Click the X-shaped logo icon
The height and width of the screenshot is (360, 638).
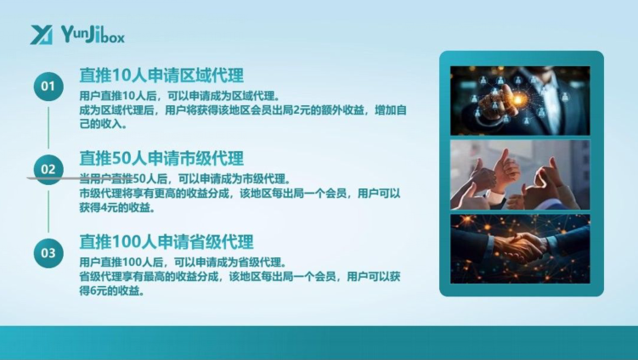(42, 35)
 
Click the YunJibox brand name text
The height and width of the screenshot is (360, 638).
(93, 34)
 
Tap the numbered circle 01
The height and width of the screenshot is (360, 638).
(48, 87)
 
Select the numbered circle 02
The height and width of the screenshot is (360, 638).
(48, 169)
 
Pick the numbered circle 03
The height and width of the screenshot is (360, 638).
(48, 253)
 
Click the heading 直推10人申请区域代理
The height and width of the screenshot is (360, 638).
(161, 76)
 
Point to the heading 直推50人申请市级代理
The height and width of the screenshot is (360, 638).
(161, 158)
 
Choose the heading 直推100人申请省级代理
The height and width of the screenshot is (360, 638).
(167, 242)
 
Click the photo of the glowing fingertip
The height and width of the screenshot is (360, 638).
(520, 100)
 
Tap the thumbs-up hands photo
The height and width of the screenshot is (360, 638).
(520, 175)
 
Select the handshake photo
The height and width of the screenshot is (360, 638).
(520, 249)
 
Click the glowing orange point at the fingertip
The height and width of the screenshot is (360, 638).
(518, 98)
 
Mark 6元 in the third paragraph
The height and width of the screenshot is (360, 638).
(97, 291)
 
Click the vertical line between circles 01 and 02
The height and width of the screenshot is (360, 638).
(48, 127)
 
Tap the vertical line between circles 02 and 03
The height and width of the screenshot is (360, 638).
(48, 211)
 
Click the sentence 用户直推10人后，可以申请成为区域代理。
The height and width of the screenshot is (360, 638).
(180, 97)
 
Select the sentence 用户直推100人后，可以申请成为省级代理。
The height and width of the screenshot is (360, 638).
(183, 262)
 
